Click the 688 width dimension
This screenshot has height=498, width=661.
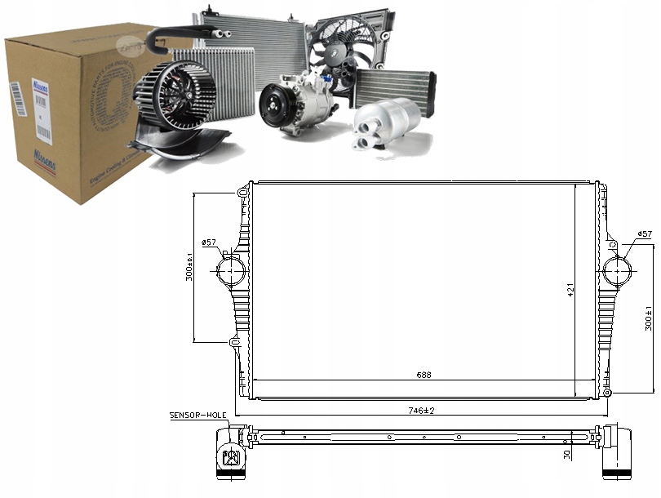click(423, 375)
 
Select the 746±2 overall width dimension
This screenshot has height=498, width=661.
click(423, 410)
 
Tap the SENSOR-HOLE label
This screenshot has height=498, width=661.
click(197, 416)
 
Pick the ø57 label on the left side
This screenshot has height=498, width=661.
click(209, 242)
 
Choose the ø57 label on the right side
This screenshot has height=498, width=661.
click(645, 234)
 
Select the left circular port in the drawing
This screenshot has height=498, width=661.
click(231, 270)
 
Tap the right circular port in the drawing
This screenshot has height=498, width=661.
click(618, 269)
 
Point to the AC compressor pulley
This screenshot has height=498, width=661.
click(274, 109)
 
